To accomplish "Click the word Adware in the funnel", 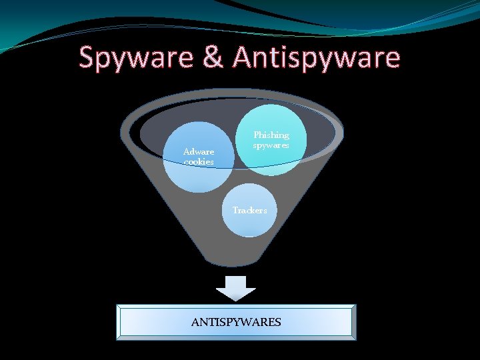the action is [199, 152].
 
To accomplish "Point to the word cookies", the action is [199, 162].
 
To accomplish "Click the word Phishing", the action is [271, 135].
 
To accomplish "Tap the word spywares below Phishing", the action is [271, 145].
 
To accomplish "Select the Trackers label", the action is [249, 211].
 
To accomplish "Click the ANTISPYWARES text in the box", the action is [236, 323].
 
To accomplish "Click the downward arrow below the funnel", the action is [236, 287].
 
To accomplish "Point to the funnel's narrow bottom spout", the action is [236, 257].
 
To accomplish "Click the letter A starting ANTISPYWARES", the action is [195, 323].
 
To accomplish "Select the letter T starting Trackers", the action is [235, 211].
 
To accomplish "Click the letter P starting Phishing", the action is [256, 135].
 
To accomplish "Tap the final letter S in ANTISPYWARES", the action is [278, 323].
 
